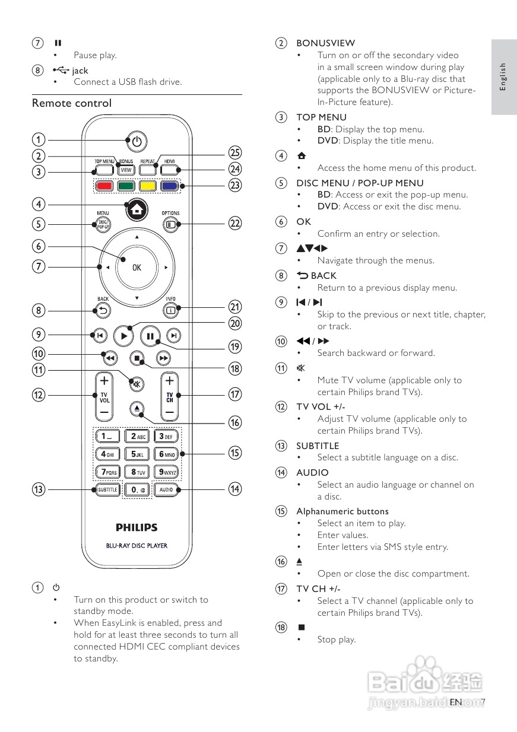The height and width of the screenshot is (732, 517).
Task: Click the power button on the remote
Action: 137,141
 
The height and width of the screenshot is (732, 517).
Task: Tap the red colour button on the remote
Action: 104,186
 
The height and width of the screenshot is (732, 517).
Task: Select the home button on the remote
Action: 137,209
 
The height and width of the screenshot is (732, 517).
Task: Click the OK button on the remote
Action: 137,268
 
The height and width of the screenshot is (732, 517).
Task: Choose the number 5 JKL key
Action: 138,454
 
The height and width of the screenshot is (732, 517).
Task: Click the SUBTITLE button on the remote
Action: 107,490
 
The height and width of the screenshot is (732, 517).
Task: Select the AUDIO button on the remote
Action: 166,490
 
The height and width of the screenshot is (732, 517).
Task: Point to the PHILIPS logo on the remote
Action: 137,527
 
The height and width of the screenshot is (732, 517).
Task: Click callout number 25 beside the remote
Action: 235,152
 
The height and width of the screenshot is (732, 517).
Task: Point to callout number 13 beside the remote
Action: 38,489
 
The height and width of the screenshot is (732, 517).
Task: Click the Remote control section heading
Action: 72,103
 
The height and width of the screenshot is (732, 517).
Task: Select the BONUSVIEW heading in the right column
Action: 326,43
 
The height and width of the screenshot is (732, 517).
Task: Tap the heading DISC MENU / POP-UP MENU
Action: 360,183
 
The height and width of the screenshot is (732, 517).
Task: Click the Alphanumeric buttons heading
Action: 342,511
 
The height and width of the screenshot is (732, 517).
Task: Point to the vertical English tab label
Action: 503,77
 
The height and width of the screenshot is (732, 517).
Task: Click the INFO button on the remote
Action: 170,309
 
